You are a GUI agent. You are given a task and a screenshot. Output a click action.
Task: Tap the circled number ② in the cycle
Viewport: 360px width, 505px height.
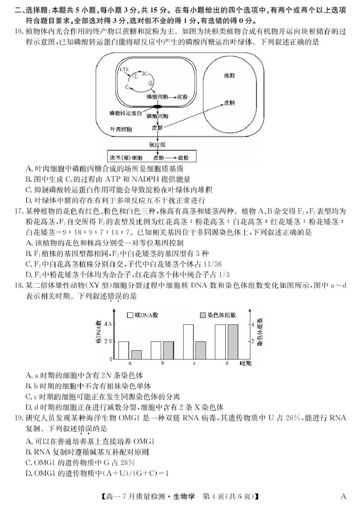(x=151, y=83)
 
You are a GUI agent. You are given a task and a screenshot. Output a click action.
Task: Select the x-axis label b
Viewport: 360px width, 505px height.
(x=162, y=363)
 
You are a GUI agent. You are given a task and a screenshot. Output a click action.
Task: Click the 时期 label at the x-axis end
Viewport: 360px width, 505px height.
(x=245, y=363)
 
